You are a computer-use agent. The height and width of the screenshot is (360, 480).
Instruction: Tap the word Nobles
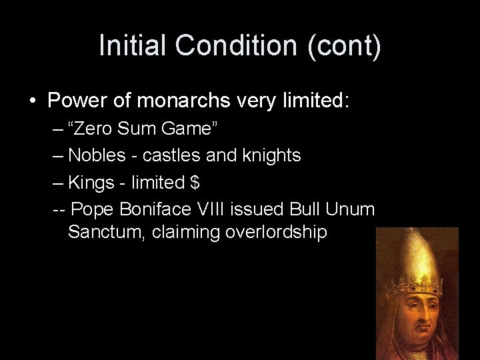(97, 155)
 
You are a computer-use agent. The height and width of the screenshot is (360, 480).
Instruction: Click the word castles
(171, 155)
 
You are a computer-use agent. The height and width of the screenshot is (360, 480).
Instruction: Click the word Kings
(93, 182)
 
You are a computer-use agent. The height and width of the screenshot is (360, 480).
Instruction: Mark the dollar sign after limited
(195, 182)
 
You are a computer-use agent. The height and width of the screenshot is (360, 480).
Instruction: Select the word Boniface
(156, 209)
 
